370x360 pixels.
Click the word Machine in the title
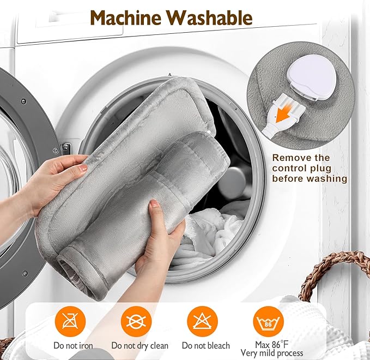point(126,17)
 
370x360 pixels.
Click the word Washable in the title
point(210,17)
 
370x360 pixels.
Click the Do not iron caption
point(73,346)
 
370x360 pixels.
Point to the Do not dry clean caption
point(139,346)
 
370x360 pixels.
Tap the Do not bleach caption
point(205,346)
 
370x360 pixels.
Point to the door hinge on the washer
point(65,148)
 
